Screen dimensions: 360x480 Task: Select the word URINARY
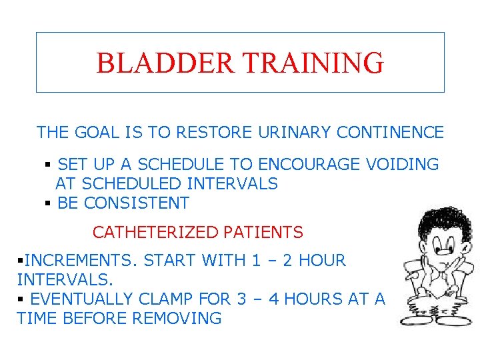click(290, 133)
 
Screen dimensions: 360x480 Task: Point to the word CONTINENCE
click(390, 133)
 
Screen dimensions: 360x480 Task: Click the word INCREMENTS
click(74, 260)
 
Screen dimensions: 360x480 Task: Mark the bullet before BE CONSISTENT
click(48, 203)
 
